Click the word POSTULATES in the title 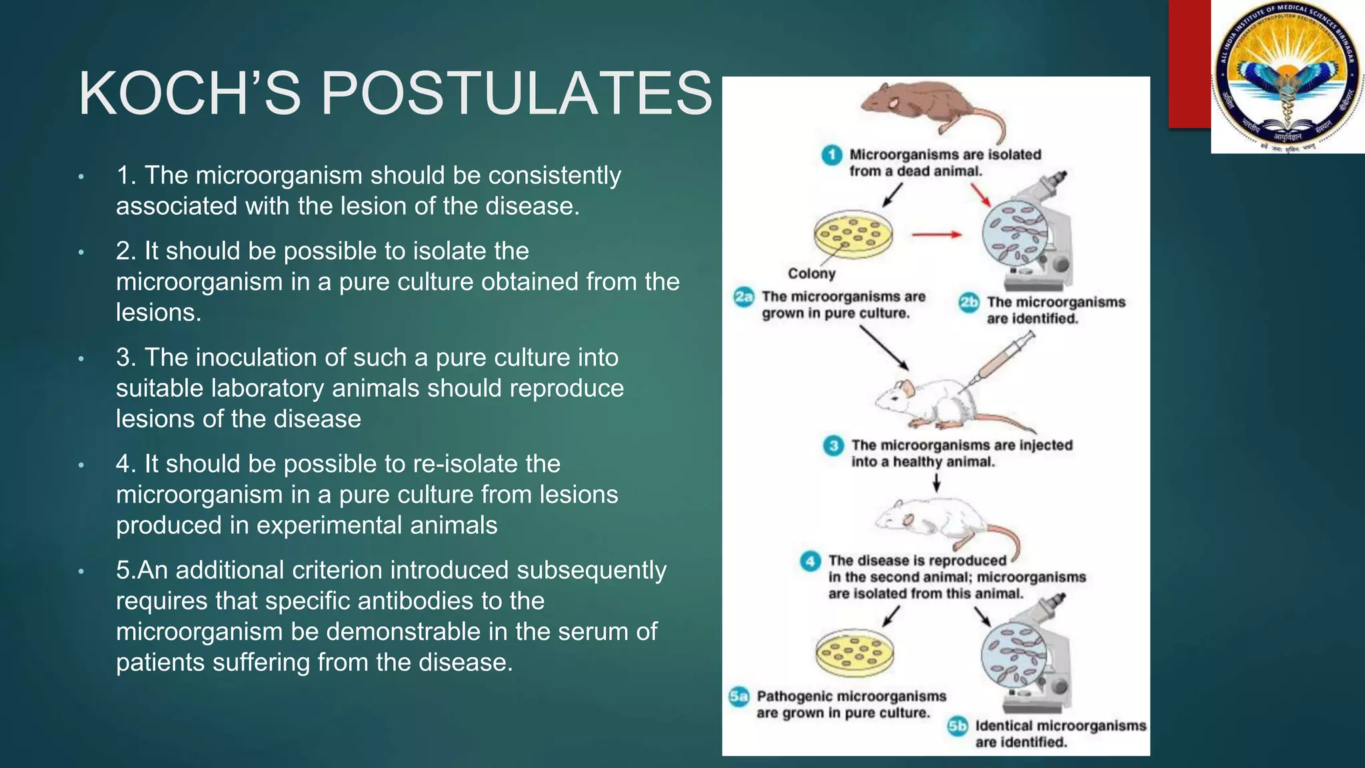click(x=517, y=93)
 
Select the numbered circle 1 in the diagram click(x=831, y=155)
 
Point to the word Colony click(x=811, y=273)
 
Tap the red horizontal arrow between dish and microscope click(x=936, y=235)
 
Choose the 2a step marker click(x=744, y=297)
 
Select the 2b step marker click(x=968, y=303)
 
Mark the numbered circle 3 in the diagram click(x=833, y=445)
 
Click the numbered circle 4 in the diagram click(x=810, y=561)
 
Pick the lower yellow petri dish click(x=854, y=651)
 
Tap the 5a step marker click(x=738, y=697)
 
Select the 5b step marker click(x=957, y=726)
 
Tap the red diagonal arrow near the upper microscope click(x=980, y=194)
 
